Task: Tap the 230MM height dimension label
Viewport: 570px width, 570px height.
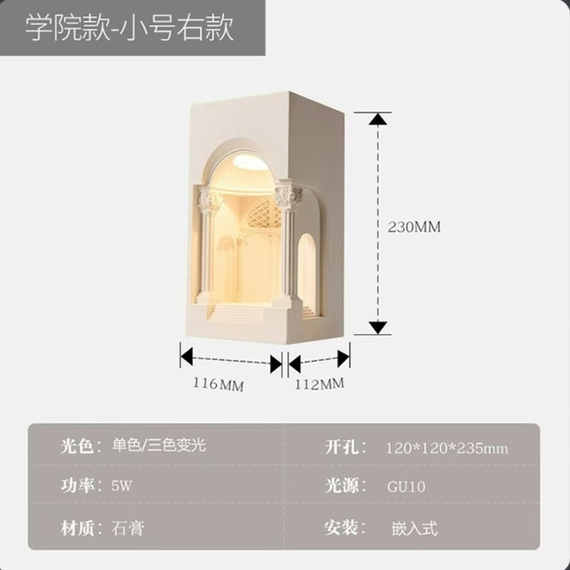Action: tap(415, 227)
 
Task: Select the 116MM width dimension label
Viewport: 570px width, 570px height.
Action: tap(219, 385)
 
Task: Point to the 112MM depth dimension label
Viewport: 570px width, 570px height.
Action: tap(318, 384)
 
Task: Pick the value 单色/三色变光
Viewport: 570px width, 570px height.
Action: tap(159, 447)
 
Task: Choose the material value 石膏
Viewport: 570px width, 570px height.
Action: tap(129, 528)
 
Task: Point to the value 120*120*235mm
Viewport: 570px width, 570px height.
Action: tap(447, 448)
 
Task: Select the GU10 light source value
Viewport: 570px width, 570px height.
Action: tap(406, 487)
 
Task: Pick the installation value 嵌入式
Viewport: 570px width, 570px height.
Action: tap(414, 528)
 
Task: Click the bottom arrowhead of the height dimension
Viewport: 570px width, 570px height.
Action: tap(379, 328)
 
